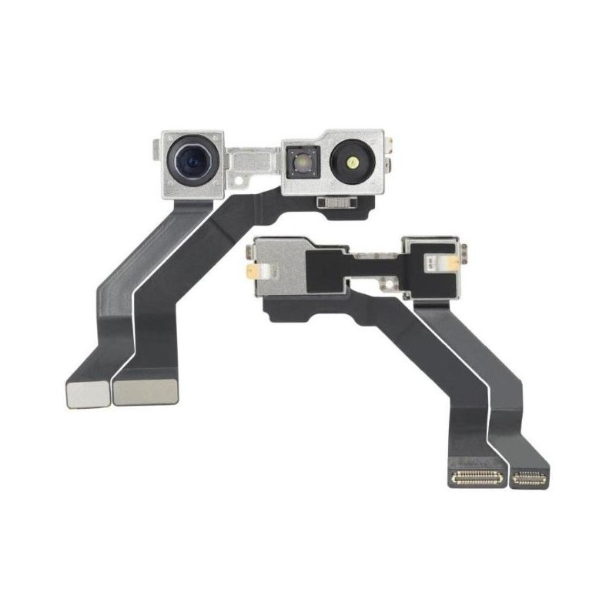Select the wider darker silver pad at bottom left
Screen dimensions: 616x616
[146, 391]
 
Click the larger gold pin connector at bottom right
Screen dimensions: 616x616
[477, 478]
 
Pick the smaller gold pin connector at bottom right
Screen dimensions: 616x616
[529, 478]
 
